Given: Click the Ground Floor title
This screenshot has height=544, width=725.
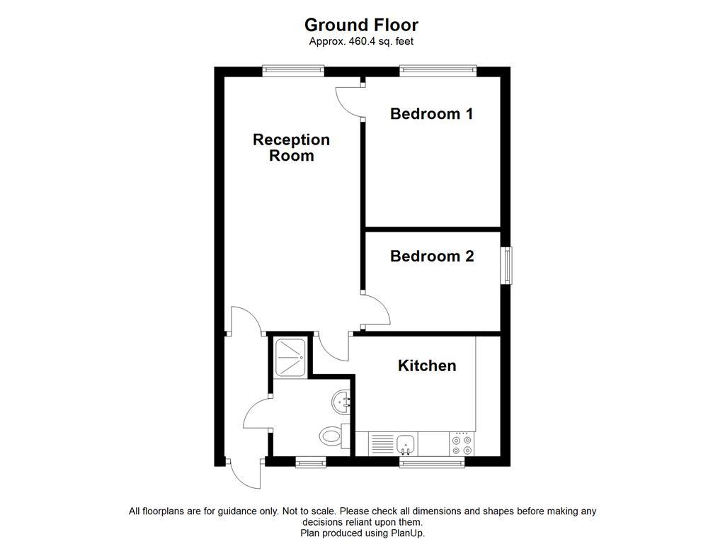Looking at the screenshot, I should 361,25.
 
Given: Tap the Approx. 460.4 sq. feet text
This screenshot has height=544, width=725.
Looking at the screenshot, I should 361,42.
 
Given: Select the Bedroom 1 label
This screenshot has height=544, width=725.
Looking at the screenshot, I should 431,113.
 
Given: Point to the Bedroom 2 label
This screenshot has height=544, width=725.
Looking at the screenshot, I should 431,256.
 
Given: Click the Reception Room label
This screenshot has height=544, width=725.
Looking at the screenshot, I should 291,147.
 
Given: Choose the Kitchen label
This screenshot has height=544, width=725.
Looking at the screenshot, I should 426,365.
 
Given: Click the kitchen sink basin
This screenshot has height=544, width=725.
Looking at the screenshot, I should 406,444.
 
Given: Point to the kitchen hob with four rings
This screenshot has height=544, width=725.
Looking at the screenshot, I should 462,444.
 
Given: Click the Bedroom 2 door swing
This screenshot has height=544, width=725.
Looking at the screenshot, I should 375,312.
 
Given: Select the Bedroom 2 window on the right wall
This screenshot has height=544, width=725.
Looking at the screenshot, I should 506,266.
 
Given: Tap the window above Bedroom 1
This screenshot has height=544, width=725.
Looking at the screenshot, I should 438,71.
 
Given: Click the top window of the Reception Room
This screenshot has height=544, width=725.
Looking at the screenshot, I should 292,71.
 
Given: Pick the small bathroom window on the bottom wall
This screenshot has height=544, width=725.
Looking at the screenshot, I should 311,463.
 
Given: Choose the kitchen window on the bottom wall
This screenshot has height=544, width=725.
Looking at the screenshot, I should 431,463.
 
